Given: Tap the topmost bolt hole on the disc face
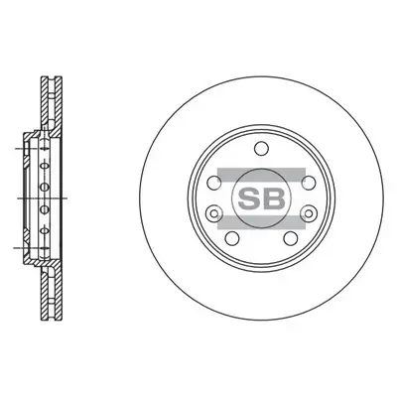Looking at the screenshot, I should (x=261, y=149).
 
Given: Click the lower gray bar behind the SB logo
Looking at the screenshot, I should (x=260, y=220).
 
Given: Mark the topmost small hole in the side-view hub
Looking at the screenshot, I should (x=44, y=165).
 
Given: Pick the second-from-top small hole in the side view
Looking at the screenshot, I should (x=44, y=186).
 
